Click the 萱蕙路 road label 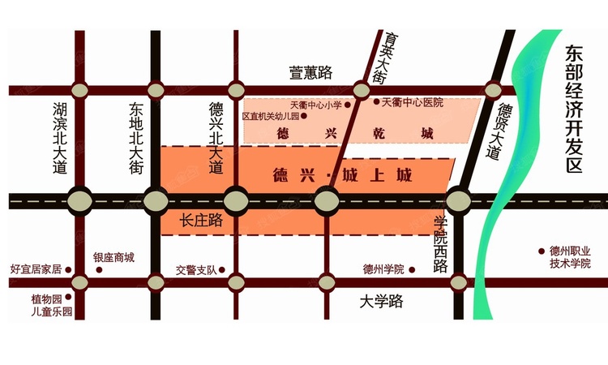click(x=310, y=73)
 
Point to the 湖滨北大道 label click(x=59, y=139)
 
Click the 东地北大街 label click(x=135, y=139)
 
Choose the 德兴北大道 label click(x=216, y=139)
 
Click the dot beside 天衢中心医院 click(x=375, y=103)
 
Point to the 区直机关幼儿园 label click(x=271, y=117)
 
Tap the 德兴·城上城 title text click(x=339, y=175)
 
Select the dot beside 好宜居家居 click(x=68, y=269)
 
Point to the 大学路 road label click(x=381, y=302)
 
